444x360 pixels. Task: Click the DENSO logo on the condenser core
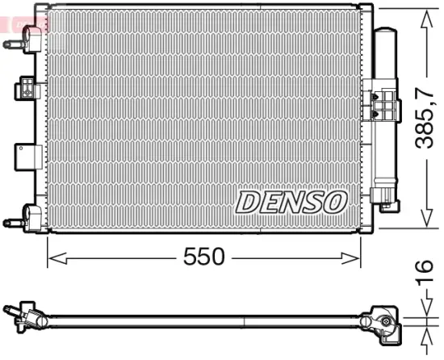[291, 202]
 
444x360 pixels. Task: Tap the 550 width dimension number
[203, 257]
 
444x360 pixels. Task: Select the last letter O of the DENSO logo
[335, 202]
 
